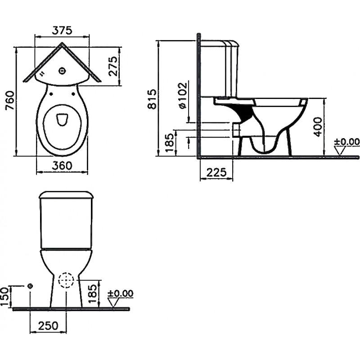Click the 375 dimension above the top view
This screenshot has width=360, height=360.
click(62, 30)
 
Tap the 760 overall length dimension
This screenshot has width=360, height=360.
click(10, 100)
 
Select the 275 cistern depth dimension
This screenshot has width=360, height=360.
click(113, 66)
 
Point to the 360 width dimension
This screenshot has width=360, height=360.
click(62, 165)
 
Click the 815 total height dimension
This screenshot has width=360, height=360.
click(152, 99)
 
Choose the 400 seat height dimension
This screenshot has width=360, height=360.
click(318, 127)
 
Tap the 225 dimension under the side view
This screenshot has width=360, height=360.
click(216, 172)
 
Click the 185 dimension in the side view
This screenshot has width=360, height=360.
click(170, 142)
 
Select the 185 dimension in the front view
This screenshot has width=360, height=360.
click(93, 294)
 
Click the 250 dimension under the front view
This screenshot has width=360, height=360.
click(49, 325)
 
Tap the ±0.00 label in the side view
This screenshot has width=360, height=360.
click(346, 142)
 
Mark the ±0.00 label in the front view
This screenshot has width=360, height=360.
click(121, 293)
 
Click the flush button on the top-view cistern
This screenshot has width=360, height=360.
click(62, 72)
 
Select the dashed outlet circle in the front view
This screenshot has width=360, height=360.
click(66, 280)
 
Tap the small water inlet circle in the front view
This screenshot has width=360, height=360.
click(30, 286)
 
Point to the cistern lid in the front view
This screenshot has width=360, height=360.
click(66, 195)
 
